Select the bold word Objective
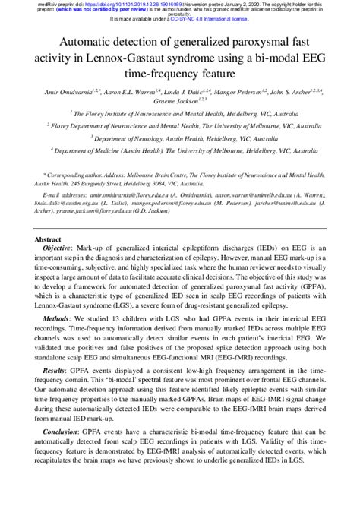(59, 248)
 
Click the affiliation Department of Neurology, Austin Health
(180, 138)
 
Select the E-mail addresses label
(64, 195)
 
